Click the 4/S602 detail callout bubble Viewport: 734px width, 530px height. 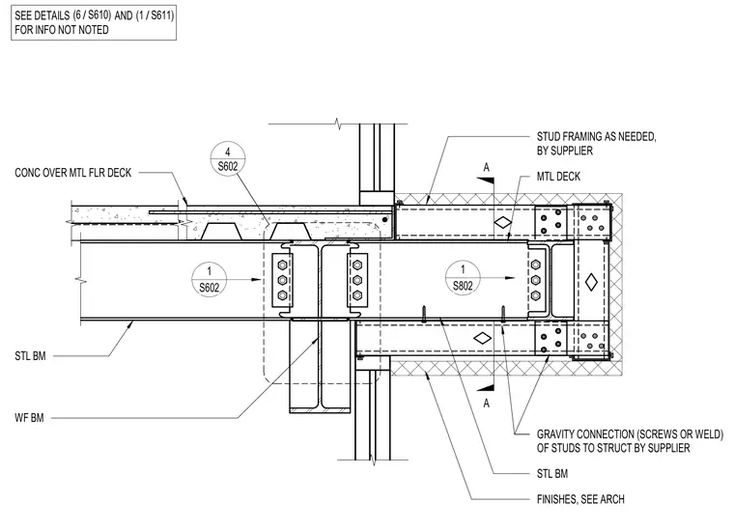coord(228,159)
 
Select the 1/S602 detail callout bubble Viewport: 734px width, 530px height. coord(209,279)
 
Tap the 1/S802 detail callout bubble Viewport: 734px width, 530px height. coord(463,277)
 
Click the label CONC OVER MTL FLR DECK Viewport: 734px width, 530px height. coord(73,173)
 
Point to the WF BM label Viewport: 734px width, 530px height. coord(29,418)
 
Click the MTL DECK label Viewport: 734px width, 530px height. coord(558,177)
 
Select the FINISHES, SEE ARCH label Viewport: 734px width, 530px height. coord(580,499)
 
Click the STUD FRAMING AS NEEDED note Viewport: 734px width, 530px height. coord(597,144)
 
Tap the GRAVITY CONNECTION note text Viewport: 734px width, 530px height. coord(630,441)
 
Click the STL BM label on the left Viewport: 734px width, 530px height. coord(30,356)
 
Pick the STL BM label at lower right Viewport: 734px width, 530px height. coord(551,474)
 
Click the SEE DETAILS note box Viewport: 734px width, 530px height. coord(94,22)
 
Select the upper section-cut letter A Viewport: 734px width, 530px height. coord(487,167)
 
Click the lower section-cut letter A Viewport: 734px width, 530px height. coord(487,404)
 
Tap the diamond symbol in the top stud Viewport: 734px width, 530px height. coord(503,223)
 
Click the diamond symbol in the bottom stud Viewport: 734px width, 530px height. coord(482,338)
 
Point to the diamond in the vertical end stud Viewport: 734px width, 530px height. coord(592,282)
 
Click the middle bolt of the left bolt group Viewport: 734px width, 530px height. coord(282,280)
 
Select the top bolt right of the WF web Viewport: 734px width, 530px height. coord(357,265)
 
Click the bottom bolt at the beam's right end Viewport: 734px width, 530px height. coord(536,295)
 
